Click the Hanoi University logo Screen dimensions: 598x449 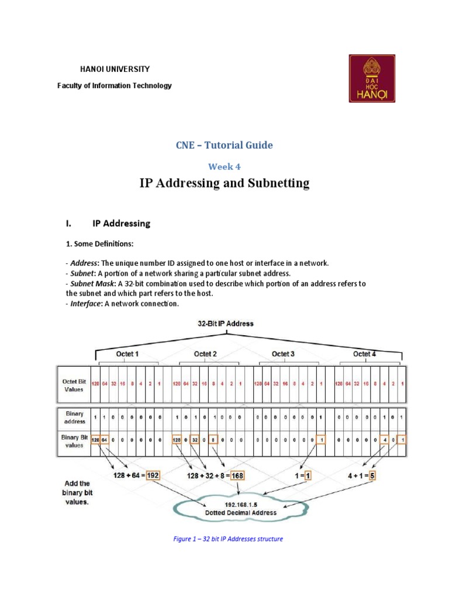coord(372,78)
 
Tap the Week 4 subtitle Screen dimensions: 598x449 coord(225,166)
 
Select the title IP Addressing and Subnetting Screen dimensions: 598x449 coord(224,184)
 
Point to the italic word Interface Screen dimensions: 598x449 coord(87,304)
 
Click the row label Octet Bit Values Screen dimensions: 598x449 coord(74,384)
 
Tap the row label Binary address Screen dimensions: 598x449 coord(75,417)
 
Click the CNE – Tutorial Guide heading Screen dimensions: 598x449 coord(224,145)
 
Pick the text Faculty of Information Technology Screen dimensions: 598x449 coord(115,86)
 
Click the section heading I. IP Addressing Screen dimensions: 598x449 coord(108,223)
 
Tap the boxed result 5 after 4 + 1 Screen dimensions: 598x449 coord(372,475)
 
